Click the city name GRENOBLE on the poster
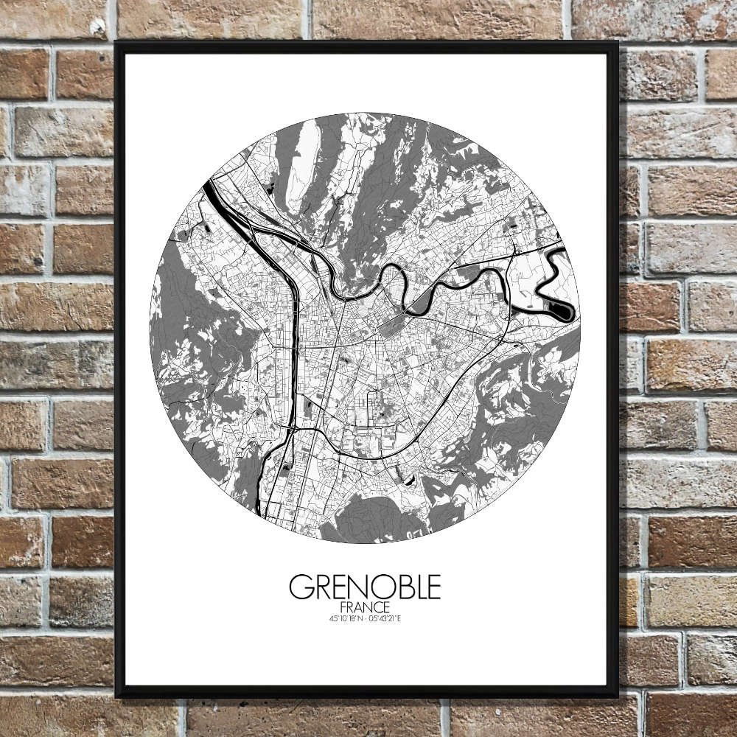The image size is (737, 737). (365, 587)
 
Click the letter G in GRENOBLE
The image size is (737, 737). (298, 587)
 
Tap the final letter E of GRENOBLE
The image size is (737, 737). (433, 587)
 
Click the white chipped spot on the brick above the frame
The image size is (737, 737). (97, 28)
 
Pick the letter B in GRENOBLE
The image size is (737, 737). (399, 587)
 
